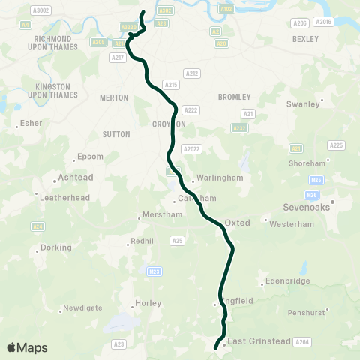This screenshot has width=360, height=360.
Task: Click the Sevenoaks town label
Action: point(307,208)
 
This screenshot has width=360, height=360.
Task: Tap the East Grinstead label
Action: point(259,341)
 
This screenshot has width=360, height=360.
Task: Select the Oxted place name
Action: point(237,223)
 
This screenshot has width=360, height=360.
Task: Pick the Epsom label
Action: point(90,157)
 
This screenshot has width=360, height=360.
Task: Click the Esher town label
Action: point(31,123)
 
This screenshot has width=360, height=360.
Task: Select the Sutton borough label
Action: point(116,134)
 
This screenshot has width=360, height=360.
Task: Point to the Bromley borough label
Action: point(229,97)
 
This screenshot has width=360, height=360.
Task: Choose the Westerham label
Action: point(286,224)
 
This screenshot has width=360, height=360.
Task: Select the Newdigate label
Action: point(82,307)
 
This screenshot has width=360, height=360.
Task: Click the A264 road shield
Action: point(302,342)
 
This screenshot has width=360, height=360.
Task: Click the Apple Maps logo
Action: point(27,347)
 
